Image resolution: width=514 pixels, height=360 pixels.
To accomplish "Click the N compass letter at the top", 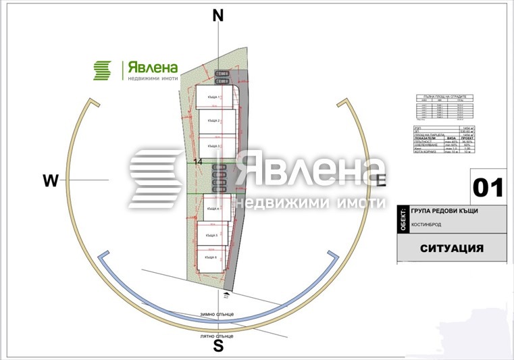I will pos(217,16).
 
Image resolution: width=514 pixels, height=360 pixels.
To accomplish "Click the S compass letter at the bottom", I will pos(218,346).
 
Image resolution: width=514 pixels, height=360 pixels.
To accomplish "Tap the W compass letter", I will pos(51,180).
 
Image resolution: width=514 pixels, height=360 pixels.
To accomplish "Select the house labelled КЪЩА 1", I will pos(215,98).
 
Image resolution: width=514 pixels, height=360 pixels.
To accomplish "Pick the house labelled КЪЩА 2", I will pos(215,122).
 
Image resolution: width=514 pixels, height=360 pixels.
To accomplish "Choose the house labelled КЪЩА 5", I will pos(212,234).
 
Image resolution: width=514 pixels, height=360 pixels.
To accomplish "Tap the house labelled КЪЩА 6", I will pos(211,257).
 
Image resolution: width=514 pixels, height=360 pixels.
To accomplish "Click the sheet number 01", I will pos(488,187).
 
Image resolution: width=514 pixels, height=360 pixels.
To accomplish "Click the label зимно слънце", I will pos(215,314).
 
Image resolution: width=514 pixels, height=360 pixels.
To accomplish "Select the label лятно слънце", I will pos(217,336).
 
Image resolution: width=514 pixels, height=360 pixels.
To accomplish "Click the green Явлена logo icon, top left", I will pos(102,70).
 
